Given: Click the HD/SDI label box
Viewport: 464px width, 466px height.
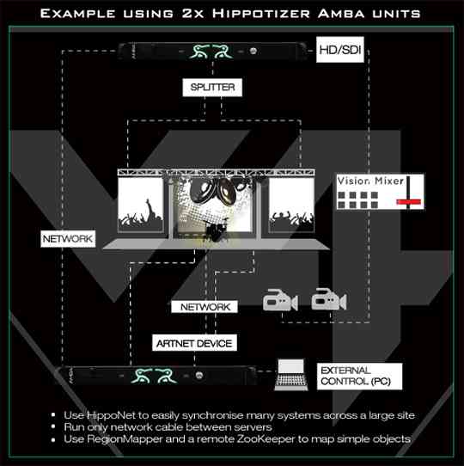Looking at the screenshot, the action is tap(339, 50).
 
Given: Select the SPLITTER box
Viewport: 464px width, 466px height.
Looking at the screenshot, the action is tap(212, 88).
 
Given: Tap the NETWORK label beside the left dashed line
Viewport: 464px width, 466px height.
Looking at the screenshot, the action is tap(68, 239).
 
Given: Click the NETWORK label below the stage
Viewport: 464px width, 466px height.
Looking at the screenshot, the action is tap(205, 307).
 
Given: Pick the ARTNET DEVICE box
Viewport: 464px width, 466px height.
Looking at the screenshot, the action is tap(194, 343).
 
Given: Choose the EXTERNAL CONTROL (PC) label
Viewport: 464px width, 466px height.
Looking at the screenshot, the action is tap(359, 376).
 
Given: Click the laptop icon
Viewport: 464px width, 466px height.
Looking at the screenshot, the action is tap(291, 375).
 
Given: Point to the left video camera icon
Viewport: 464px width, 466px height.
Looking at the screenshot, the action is tap(280, 300).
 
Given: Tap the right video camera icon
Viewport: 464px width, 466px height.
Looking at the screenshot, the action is tap(329, 299).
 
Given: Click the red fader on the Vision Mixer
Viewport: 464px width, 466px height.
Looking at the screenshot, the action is tap(409, 202).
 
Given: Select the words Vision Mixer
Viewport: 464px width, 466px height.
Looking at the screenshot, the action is tap(370, 181).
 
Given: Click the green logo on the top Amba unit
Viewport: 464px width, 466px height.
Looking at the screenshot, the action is tap(211, 52).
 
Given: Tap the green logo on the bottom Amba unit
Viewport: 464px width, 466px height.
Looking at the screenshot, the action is tap(154, 376).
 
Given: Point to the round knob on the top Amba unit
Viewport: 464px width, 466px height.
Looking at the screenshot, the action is tap(253, 51).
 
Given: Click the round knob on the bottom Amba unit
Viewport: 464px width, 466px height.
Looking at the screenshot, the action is tap(199, 376).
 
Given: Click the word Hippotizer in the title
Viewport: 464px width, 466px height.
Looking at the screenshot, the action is tap(261, 14).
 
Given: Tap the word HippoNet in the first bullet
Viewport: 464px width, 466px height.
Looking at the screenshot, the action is tap(111, 415).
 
